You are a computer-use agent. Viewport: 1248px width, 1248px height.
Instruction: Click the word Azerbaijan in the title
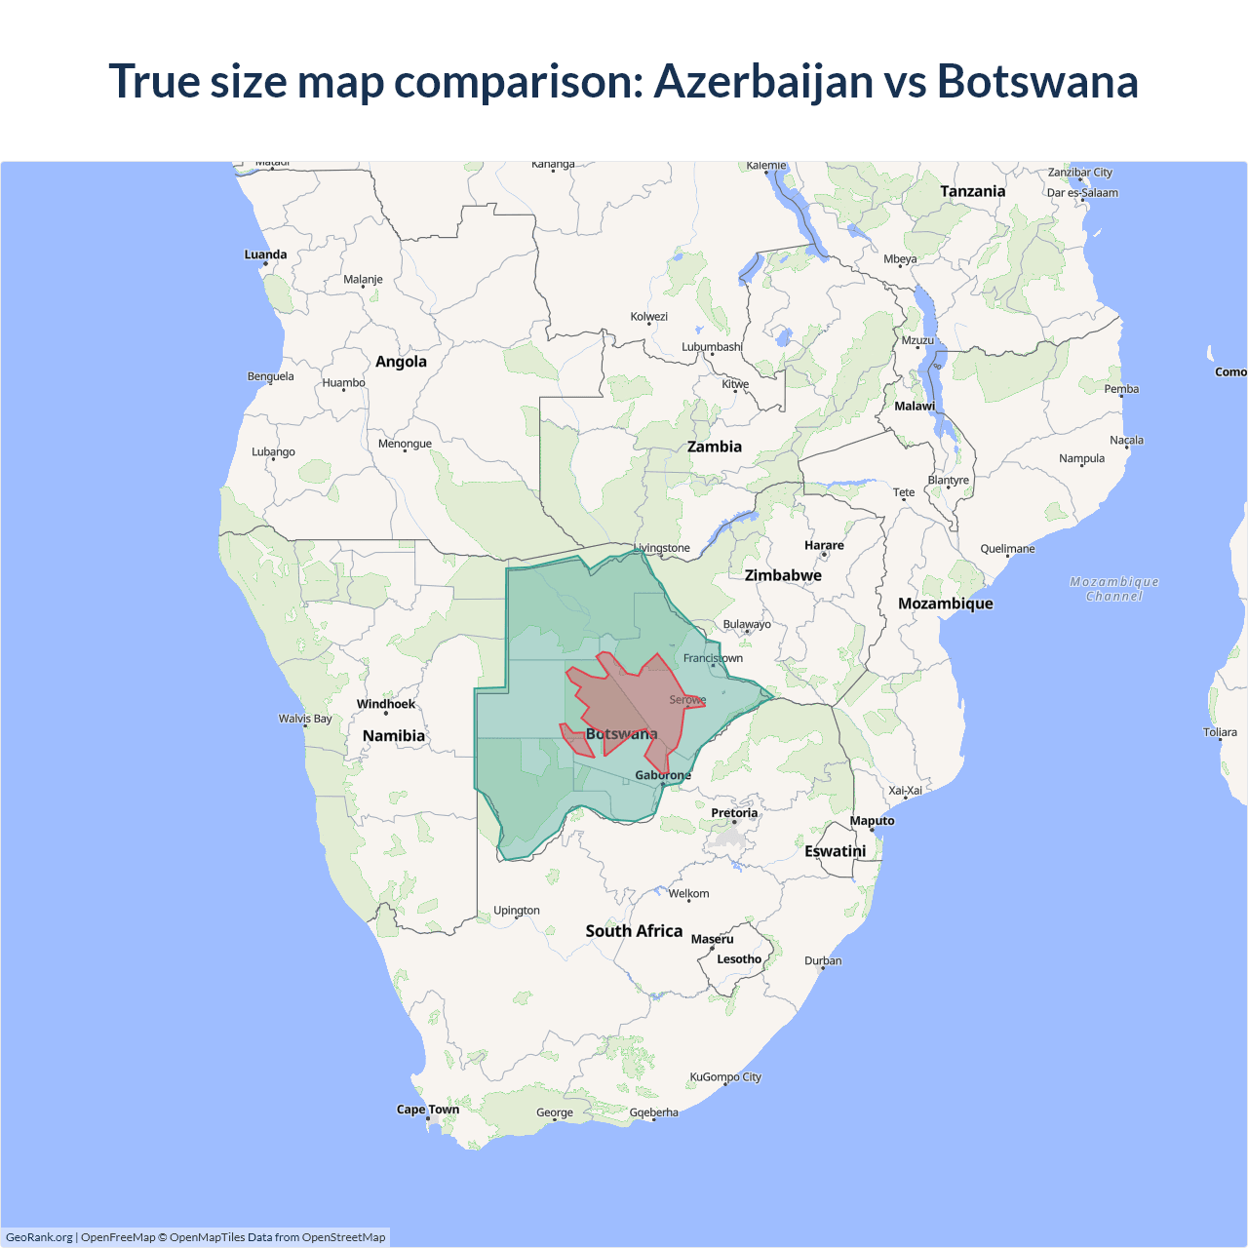[x=763, y=81]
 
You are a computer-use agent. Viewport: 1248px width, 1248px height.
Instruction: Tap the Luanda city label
[x=265, y=254]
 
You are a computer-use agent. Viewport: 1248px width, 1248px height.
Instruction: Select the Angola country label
[x=401, y=362]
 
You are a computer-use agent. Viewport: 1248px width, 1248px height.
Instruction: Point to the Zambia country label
[x=714, y=447]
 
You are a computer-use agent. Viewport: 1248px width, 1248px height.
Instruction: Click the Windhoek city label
[x=385, y=704]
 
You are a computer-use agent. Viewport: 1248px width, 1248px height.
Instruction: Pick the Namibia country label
[x=394, y=736]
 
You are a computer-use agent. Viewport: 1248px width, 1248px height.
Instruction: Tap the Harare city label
[x=824, y=545]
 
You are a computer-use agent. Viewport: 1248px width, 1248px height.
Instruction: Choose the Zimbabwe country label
[x=783, y=575]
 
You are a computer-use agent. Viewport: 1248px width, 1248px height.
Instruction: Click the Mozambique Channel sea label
[x=1114, y=589]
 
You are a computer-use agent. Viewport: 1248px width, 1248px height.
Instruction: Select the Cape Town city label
[x=427, y=1110]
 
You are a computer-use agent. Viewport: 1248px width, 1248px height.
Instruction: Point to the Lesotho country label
[x=739, y=959]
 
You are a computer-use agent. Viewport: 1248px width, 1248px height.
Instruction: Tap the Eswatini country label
[x=835, y=851]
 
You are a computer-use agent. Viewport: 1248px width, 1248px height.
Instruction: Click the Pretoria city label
[x=734, y=813]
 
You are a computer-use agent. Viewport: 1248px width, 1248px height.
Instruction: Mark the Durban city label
[x=823, y=960]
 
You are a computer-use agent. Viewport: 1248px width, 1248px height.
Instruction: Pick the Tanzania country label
[x=972, y=191]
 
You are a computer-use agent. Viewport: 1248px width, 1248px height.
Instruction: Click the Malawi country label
[x=915, y=406]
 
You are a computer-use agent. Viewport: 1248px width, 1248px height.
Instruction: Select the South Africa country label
[x=634, y=931]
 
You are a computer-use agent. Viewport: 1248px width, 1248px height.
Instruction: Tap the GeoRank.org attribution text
[x=39, y=1237]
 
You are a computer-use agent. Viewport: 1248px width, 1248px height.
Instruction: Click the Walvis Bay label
[x=305, y=719]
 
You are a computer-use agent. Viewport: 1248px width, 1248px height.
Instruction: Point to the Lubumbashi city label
[x=712, y=347]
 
